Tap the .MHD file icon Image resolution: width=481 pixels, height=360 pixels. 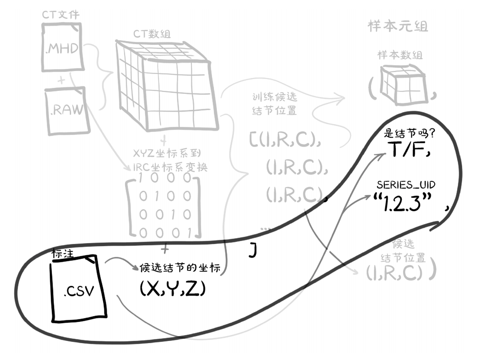click(x=62, y=48)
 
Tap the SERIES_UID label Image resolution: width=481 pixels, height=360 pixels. click(x=406, y=185)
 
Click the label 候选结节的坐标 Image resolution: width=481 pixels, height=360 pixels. click(x=180, y=268)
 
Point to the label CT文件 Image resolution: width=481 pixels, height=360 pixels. click(x=61, y=15)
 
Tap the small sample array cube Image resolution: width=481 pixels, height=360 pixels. click(x=401, y=84)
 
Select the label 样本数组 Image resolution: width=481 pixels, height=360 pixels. click(x=400, y=55)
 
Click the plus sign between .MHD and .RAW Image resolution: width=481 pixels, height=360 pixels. click(x=61, y=80)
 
